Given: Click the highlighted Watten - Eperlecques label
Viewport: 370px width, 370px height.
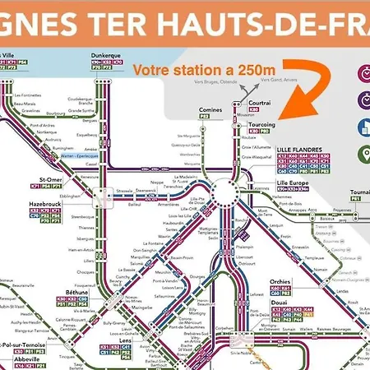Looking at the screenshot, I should pyautogui.click(x=81, y=155).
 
